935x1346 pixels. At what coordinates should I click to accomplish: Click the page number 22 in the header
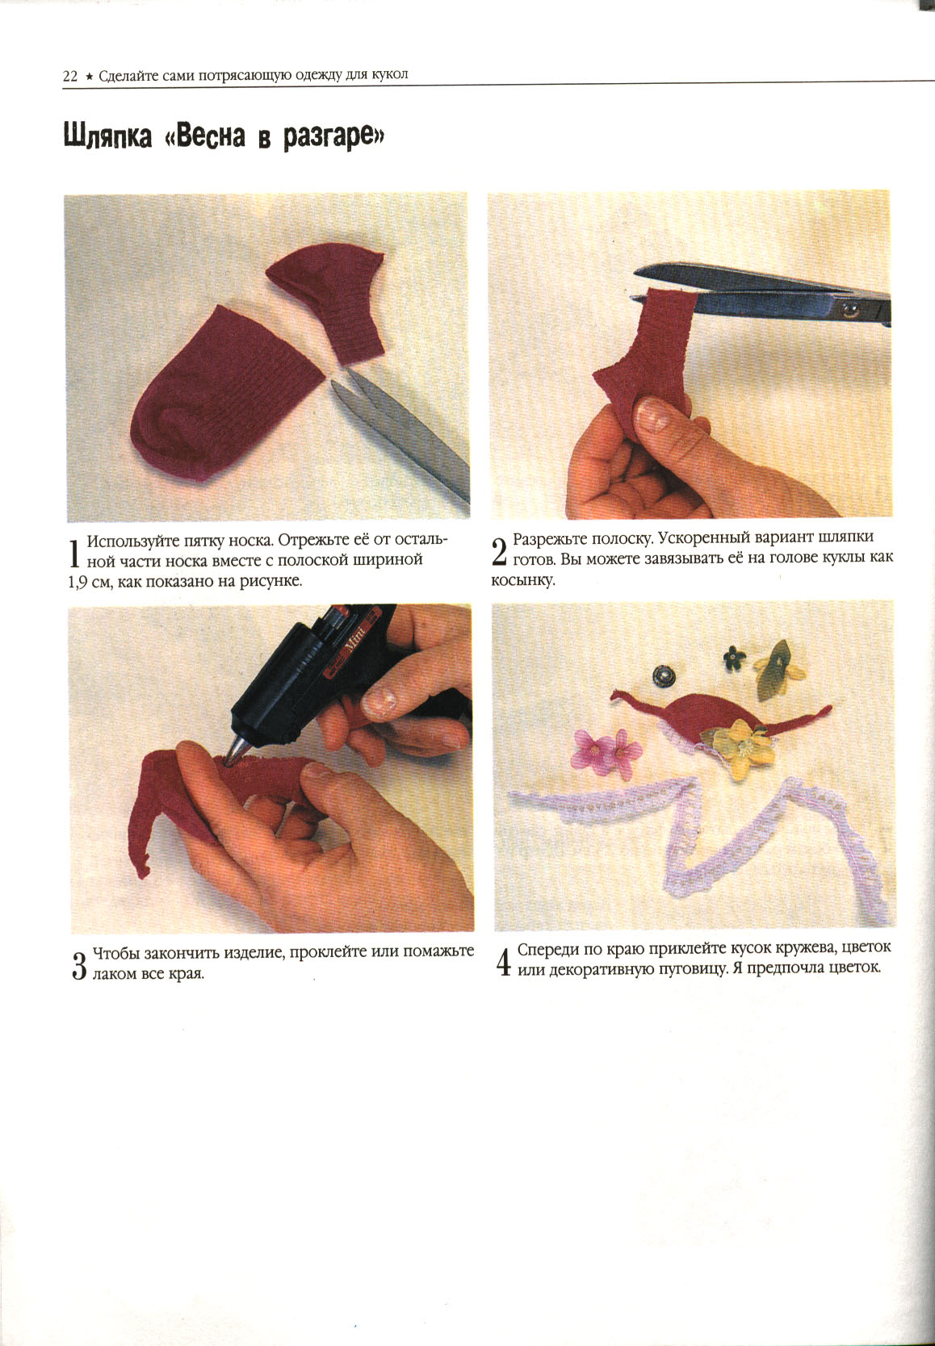(69, 77)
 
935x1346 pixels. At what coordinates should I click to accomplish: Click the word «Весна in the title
(203, 136)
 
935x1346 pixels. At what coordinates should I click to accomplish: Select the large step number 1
(74, 554)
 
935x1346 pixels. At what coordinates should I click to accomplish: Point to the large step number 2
(499, 552)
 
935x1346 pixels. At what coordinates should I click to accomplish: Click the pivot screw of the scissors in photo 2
(849, 310)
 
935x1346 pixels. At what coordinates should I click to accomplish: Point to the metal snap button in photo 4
(664, 675)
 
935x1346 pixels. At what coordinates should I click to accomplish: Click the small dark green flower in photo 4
(734, 658)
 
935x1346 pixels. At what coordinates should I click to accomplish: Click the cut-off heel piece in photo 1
(328, 303)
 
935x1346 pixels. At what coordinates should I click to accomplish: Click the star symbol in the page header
(88, 77)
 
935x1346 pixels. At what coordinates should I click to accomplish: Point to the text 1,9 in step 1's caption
(78, 582)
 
